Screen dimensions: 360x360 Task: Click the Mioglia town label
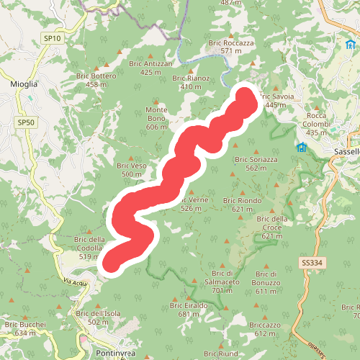(24, 84)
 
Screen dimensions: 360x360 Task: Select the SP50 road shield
(26, 123)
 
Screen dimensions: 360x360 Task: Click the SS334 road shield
(312, 264)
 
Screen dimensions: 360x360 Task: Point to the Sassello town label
(347, 152)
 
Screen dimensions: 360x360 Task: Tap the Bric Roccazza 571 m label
(231, 47)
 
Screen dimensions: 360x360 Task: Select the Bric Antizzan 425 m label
(151, 68)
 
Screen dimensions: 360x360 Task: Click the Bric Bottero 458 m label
(96, 80)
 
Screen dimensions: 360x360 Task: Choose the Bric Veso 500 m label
(132, 170)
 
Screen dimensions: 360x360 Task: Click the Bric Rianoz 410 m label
(191, 82)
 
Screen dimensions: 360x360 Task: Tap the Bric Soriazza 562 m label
(256, 163)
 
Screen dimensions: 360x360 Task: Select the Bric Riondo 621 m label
(243, 204)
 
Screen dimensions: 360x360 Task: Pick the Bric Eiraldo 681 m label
(189, 310)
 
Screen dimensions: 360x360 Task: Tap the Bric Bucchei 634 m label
(24, 329)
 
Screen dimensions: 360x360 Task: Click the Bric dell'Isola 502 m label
(99, 318)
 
